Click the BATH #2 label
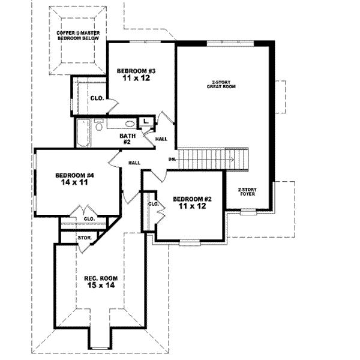click(128, 139)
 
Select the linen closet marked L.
click(146, 122)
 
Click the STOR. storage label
click(84, 238)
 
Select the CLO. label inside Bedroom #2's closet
click(153, 204)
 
